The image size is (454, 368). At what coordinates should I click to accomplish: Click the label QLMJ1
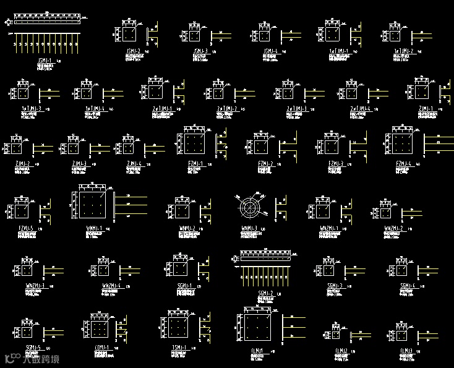[x=257, y=351]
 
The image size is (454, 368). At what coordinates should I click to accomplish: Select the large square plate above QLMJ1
[x=257, y=327]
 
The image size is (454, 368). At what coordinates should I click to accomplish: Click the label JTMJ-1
[x=103, y=347]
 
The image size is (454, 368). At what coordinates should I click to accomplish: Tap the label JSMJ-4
[x=270, y=51]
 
